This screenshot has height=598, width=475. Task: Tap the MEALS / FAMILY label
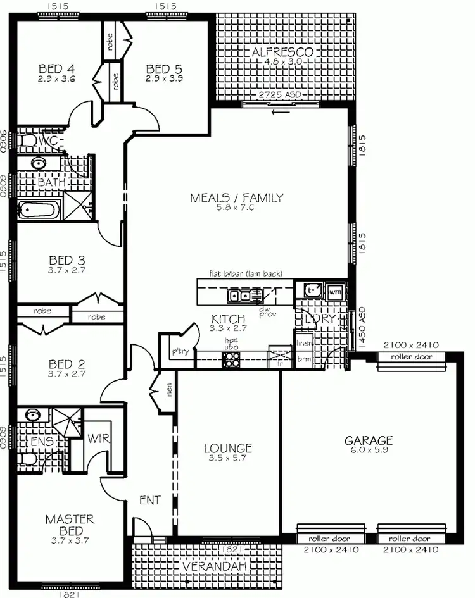coord(236,198)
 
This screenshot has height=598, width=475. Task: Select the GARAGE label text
coord(369,440)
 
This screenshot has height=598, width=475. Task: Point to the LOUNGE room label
coord(228,448)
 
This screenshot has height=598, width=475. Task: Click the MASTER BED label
coord(70,524)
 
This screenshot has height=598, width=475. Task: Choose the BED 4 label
coord(56,68)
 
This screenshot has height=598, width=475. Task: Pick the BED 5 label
coord(163,68)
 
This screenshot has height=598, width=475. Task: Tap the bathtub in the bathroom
coord(39,209)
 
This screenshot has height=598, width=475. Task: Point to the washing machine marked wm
coord(335,291)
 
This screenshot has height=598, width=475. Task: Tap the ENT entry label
coord(149,501)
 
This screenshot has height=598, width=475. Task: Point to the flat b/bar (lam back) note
coord(246,274)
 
